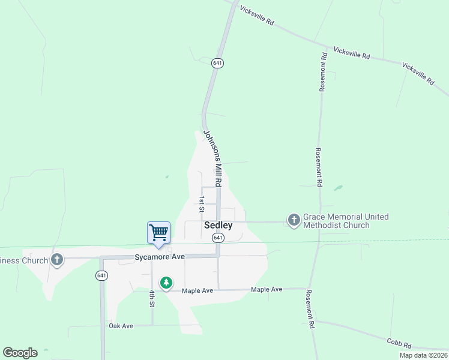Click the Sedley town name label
[218, 226]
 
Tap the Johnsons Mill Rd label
[212, 158]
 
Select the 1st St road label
[202, 204]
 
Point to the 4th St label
[152, 298]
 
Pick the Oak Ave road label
[121, 326]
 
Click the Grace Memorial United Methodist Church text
[345, 221]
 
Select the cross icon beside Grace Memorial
[294, 221]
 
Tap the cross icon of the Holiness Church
[57, 260]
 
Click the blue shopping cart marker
[158, 232]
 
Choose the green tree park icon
[166, 282]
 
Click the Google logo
[20, 353]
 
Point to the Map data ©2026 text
[423, 355]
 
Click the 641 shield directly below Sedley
[218, 238]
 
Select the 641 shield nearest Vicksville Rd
[217, 63]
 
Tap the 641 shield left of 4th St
[101, 275]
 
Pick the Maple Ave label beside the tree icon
[197, 290]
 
